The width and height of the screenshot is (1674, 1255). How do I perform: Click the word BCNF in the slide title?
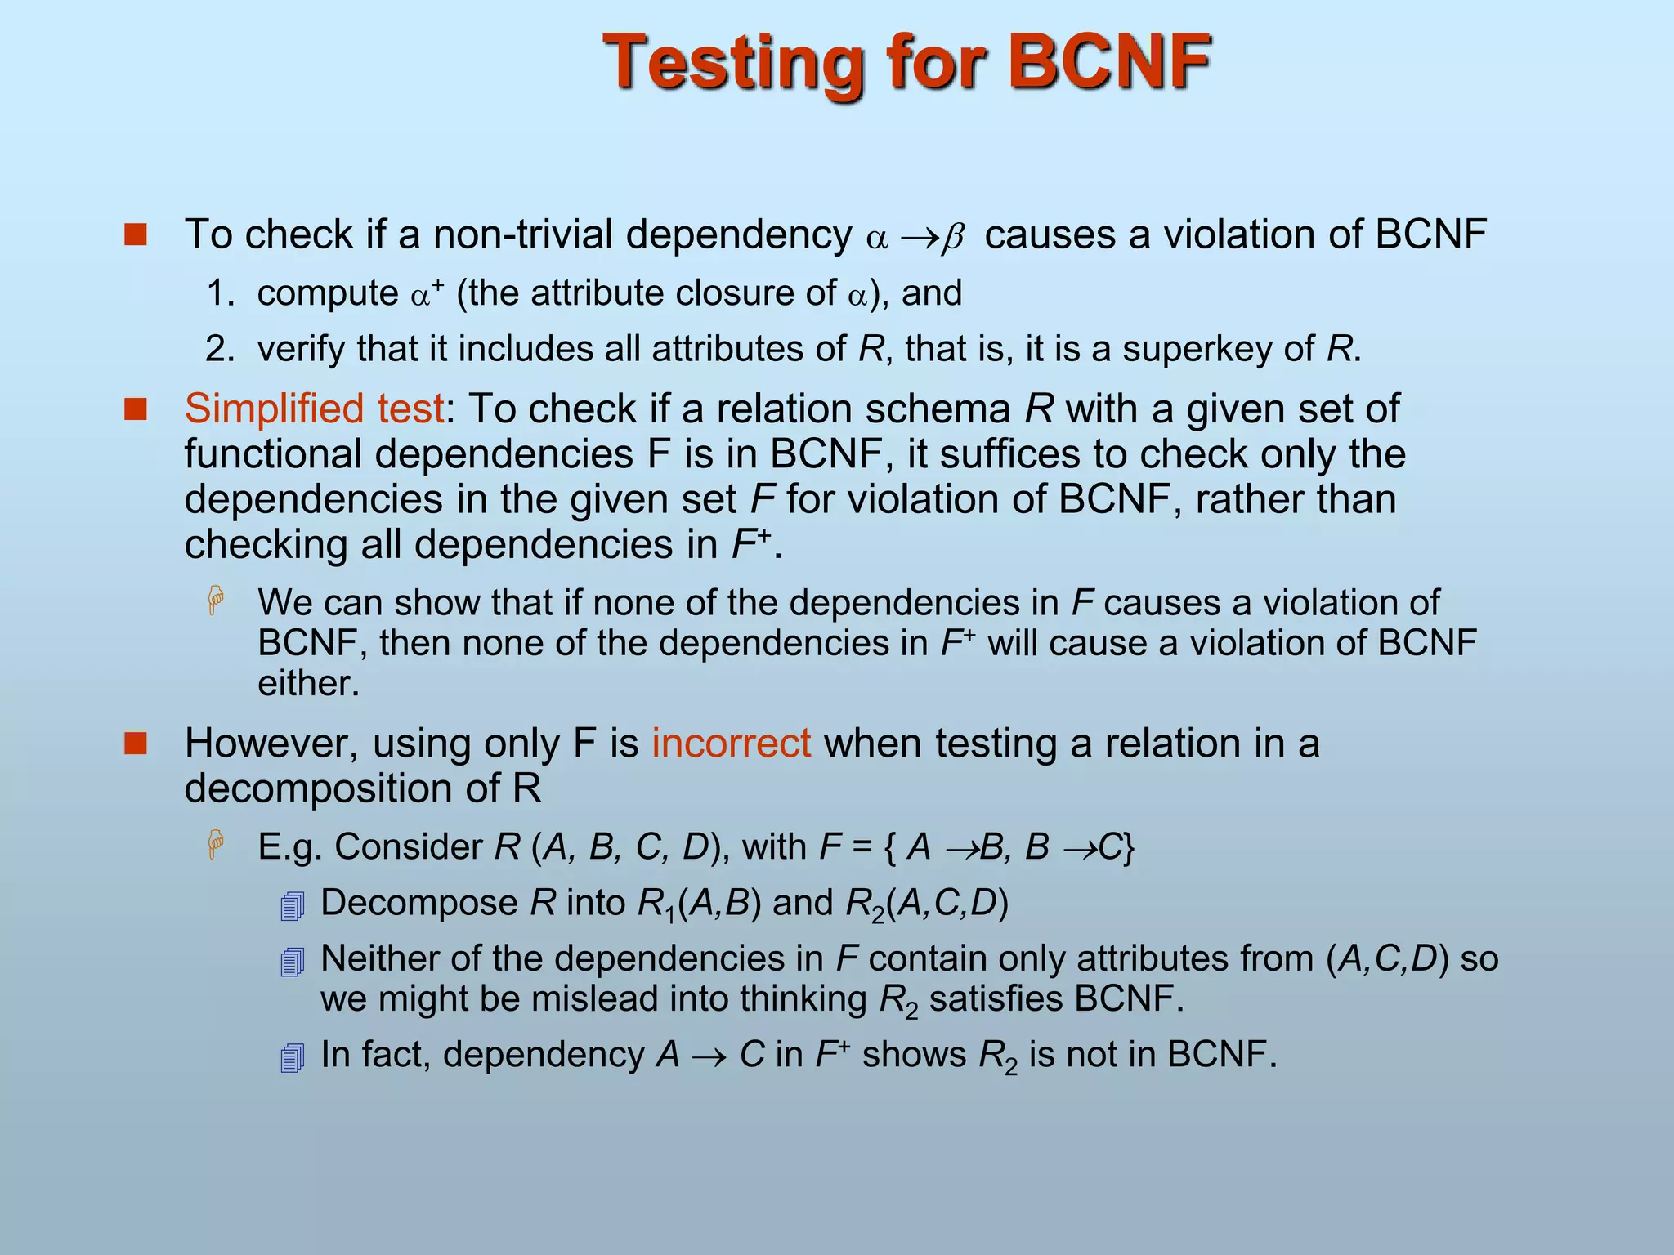click(x=1109, y=62)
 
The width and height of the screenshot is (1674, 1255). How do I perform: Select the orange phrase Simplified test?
click(x=315, y=409)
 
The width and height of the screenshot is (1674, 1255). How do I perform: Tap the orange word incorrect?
click(x=731, y=744)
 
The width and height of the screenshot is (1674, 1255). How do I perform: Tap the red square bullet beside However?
click(x=135, y=744)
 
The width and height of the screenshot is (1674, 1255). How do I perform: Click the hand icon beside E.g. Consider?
click(x=216, y=844)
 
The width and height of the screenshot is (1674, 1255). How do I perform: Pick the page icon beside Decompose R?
click(x=292, y=906)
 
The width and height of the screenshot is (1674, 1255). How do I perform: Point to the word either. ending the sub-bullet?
click(x=308, y=684)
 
